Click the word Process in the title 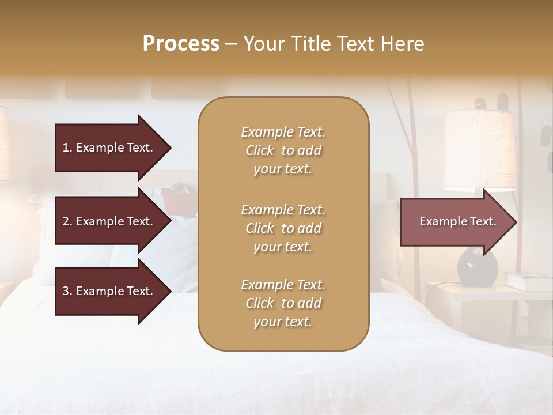click(181, 44)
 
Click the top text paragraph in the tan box click(283, 150)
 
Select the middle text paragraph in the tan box click(283, 228)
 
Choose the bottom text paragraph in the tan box click(283, 303)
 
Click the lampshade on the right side click(479, 150)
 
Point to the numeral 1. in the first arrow click(67, 148)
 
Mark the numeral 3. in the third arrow click(67, 291)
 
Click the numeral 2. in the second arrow click(67, 221)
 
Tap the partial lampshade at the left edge click(3, 144)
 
